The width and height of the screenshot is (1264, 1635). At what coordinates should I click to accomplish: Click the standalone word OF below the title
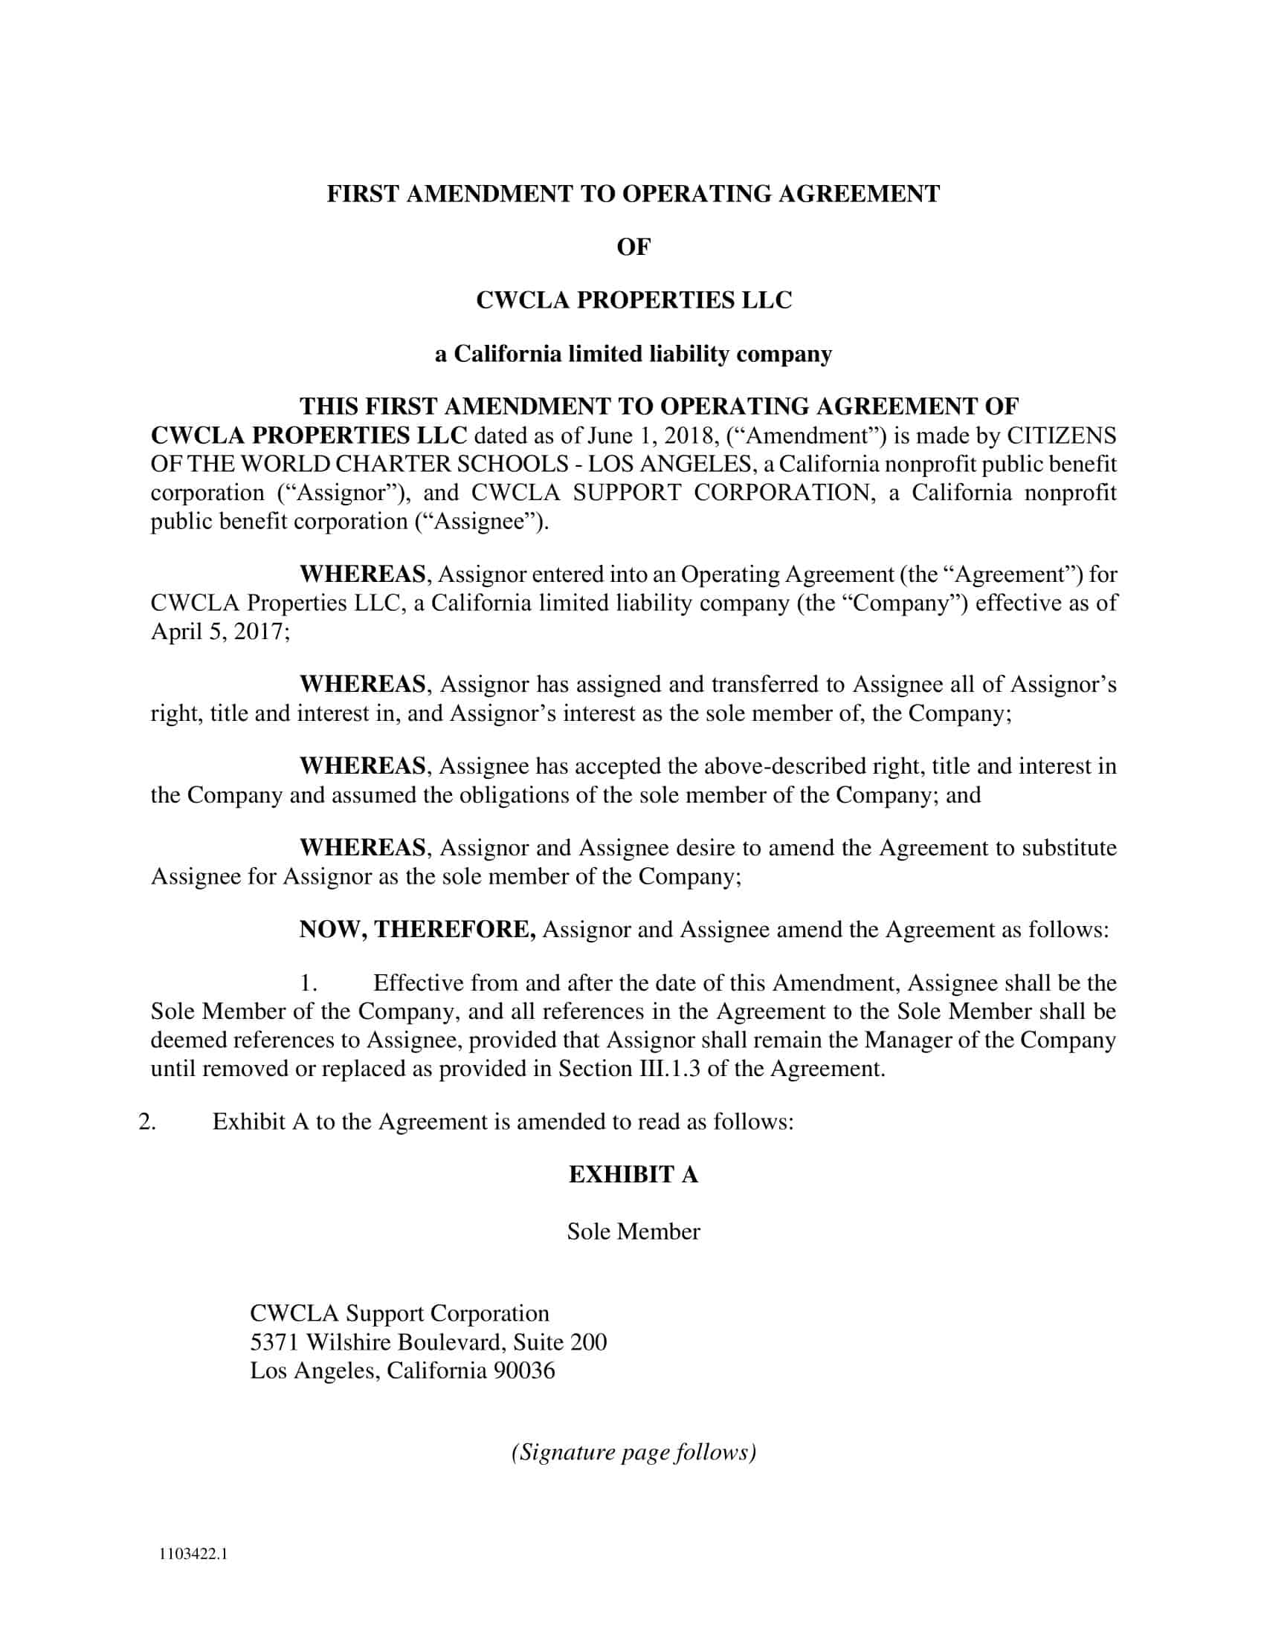[x=633, y=247]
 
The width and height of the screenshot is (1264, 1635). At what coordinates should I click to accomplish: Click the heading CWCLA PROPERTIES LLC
[x=633, y=300]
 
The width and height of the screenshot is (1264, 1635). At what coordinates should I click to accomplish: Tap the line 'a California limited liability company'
[x=633, y=353]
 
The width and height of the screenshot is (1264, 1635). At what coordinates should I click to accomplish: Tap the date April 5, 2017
[x=218, y=631]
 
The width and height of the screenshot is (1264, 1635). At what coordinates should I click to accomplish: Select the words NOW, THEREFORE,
[x=417, y=929]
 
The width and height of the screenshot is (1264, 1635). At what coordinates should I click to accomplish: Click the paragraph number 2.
[x=147, y=1121]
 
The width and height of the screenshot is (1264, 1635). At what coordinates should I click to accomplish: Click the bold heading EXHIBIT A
[x=633, y=1174]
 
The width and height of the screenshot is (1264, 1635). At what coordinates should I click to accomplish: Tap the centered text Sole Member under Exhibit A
[x=633, y=1231]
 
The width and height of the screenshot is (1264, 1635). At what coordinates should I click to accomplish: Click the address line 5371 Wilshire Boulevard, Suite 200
[x=428, y=1341]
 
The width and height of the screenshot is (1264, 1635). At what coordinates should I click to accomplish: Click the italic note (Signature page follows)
[x=633, y=1451]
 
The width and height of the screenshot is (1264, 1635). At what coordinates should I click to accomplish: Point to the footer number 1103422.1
[x=193, y=1553]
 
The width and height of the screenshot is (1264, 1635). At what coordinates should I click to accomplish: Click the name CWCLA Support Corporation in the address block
[x=399, y=1313]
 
